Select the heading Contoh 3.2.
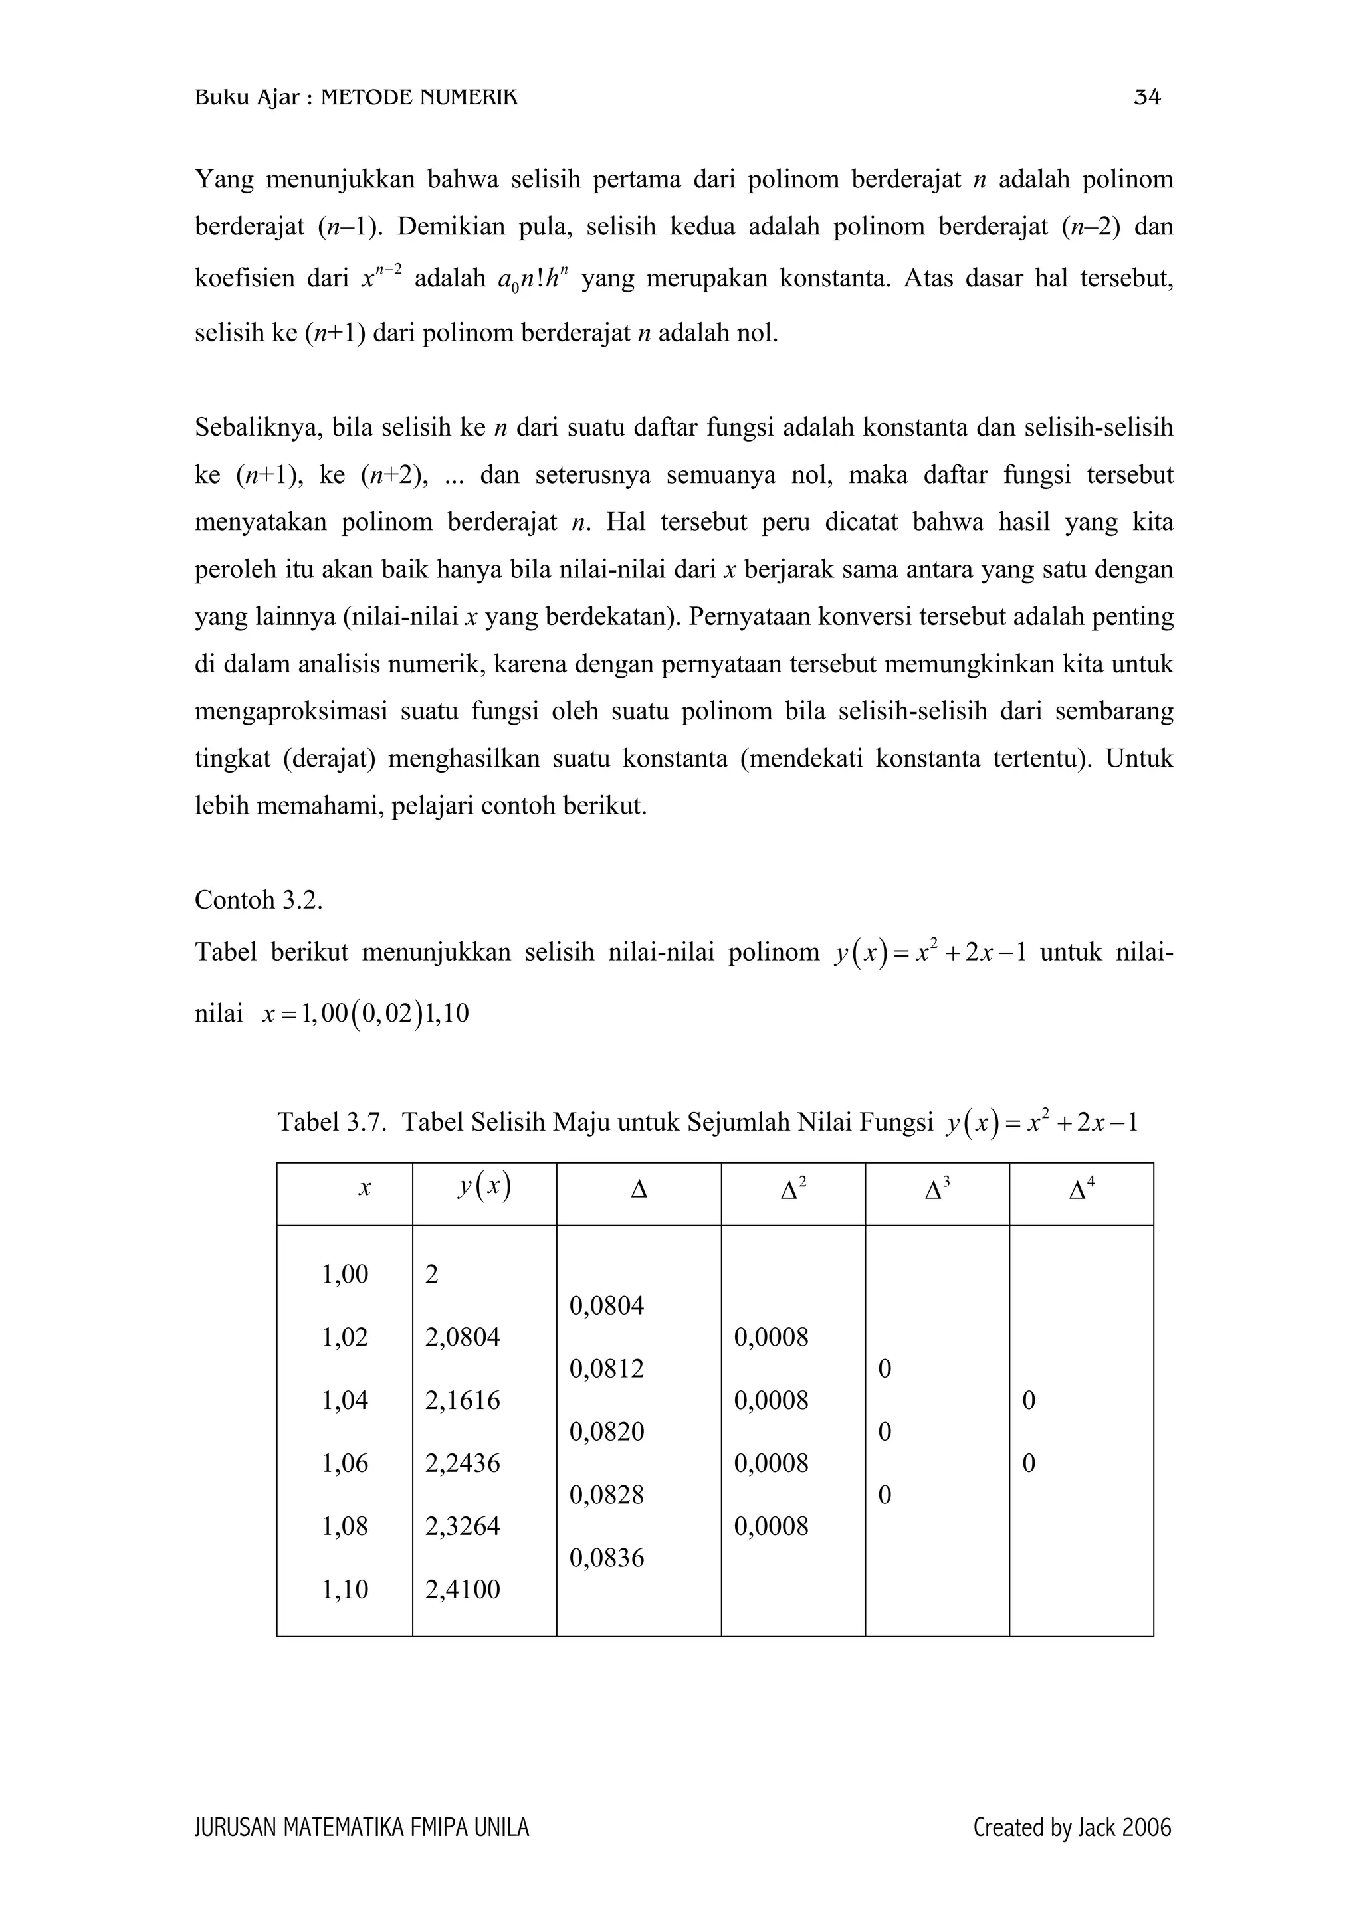pyautogui.click(x=259, y=901)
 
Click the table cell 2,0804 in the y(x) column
pyautogui.click(x=462, y=1337)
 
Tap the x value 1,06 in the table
pyautogui.click(x=345, y=1463)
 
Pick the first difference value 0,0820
pyautogui.click(x=606, y=1431)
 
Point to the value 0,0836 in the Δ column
pyautogui.click(x=606, y=1558)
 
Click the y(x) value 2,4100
pyautogui.click(x=462, y=1589)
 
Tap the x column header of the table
pyautogui.click(x=364, y=1189)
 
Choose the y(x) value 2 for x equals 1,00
pyautogui.click(x=432, y=1275)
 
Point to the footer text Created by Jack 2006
pyautogui.click(x=1072, y=1828)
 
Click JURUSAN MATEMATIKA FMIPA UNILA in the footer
pyautogui.click(x=362, y=1828)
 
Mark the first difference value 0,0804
pyautogui.click(x=606, y=1305)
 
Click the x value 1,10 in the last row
pyautogui.click(x=345, y=1589)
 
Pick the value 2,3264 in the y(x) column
pyautogui.click(x=462, y=1526)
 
